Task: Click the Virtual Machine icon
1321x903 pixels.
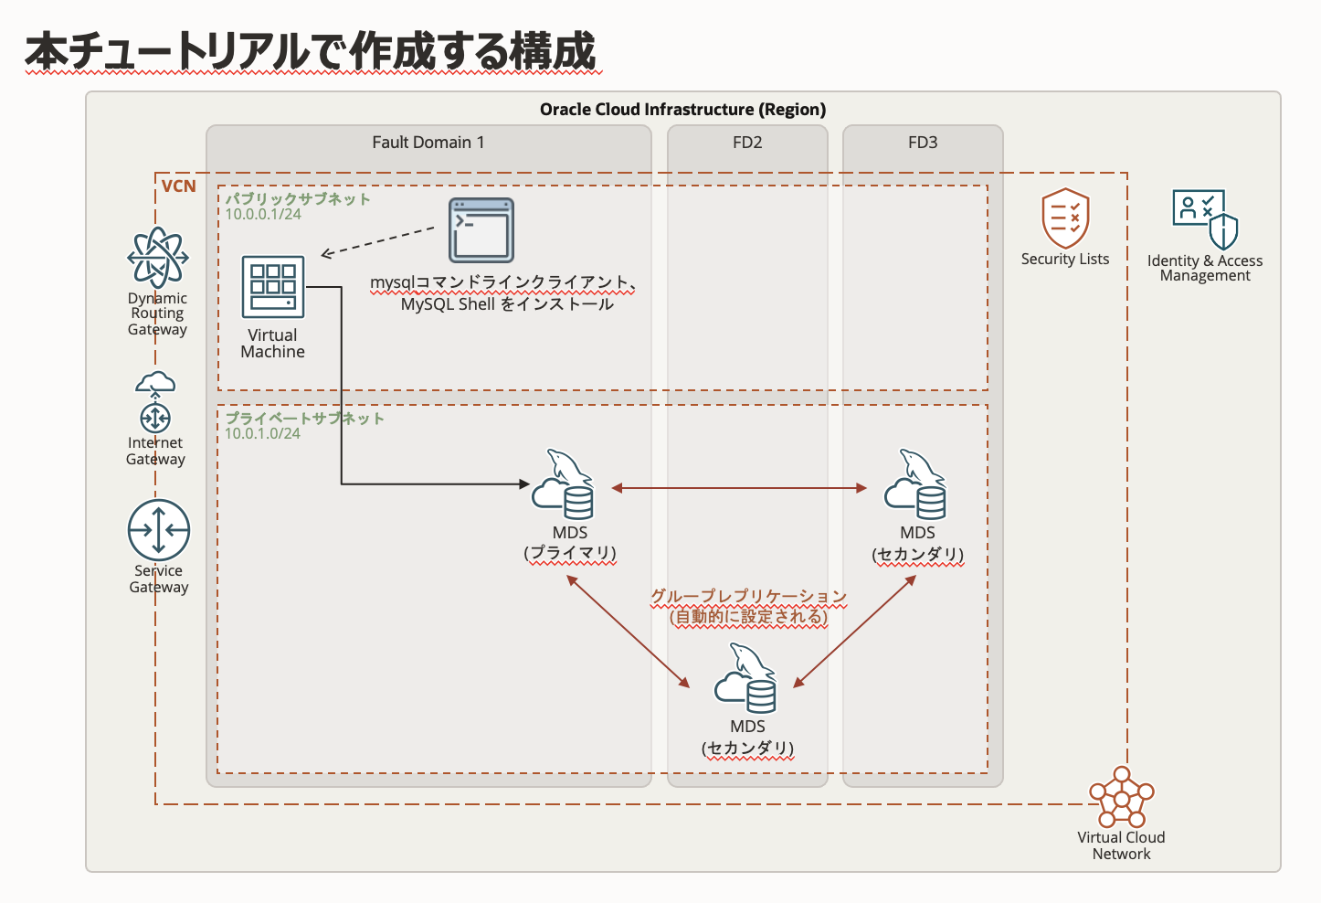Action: [272, 287]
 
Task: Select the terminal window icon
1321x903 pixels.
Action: [481, 230]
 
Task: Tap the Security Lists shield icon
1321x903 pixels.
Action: [1065, 218]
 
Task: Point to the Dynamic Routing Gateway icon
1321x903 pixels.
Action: [158, 258]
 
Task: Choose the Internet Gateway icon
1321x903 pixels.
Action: [155, 402]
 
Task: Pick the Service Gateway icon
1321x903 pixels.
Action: [159, 530]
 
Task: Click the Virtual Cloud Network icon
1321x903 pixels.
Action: [1121, 797]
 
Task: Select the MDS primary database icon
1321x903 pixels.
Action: [564, 485]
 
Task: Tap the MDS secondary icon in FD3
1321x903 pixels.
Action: [916, 485]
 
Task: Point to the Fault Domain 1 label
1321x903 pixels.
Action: [428, 143]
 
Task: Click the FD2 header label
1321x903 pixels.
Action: [747, 143]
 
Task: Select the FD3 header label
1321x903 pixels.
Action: [923, 143]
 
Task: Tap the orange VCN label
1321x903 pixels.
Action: [178, 186]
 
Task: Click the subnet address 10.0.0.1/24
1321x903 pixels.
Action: [263, 214]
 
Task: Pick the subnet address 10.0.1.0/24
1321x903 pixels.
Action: [263, 433]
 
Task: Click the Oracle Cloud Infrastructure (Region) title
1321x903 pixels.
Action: [682, 110]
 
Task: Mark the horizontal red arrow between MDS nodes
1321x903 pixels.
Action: [739, 488]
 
